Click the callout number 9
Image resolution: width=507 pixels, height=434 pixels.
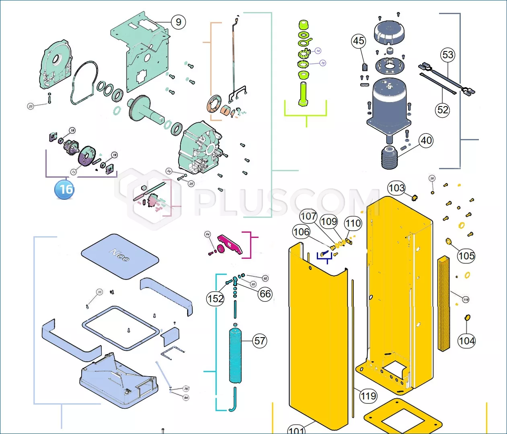coord(179,22)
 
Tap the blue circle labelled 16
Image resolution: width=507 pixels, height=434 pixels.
coord(65,189)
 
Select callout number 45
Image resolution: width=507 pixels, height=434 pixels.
coord(358,41)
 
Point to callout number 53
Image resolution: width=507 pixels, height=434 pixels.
coord(447,55)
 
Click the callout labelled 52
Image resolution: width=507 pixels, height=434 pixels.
coord(443,110)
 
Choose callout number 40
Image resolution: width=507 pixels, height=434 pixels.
coord(426,140)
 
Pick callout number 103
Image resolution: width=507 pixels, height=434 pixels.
coord(396,188)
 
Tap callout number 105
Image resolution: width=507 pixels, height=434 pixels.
coord(466,256)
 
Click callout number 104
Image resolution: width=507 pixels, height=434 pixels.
coord(466,341)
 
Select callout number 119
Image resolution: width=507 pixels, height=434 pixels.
coord(368,396)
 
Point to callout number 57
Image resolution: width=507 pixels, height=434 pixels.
coord(260,341)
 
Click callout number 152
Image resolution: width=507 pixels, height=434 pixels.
coord(215,299)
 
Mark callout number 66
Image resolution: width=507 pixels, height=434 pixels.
coord(265,294)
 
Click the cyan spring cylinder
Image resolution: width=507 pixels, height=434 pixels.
coord(236,356)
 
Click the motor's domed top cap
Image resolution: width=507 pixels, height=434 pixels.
coord(389,31)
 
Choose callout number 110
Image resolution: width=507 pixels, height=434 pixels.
coord(353,223)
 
